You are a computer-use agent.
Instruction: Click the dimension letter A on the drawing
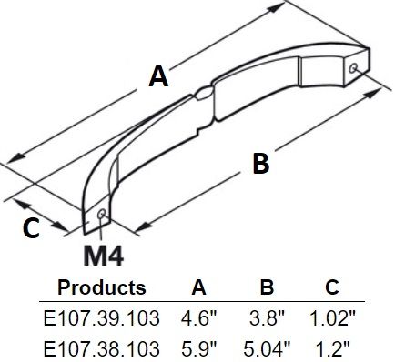(x=158, y=77)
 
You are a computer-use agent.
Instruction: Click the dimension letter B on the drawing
(x=261, y=164)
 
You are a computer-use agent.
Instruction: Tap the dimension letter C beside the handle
(x=31, y=228)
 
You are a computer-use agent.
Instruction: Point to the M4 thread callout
(x=104, y=257)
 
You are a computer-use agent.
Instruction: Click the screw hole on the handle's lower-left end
(x=101, y=214)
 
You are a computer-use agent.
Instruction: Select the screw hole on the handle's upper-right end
(x=352, y=68)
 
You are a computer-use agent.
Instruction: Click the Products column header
(x=102, y=287)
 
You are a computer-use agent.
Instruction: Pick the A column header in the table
(x=199, y=287)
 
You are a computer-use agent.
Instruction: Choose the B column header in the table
(x=267, y=287)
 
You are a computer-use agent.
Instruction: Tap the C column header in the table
(x=332, y=287)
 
